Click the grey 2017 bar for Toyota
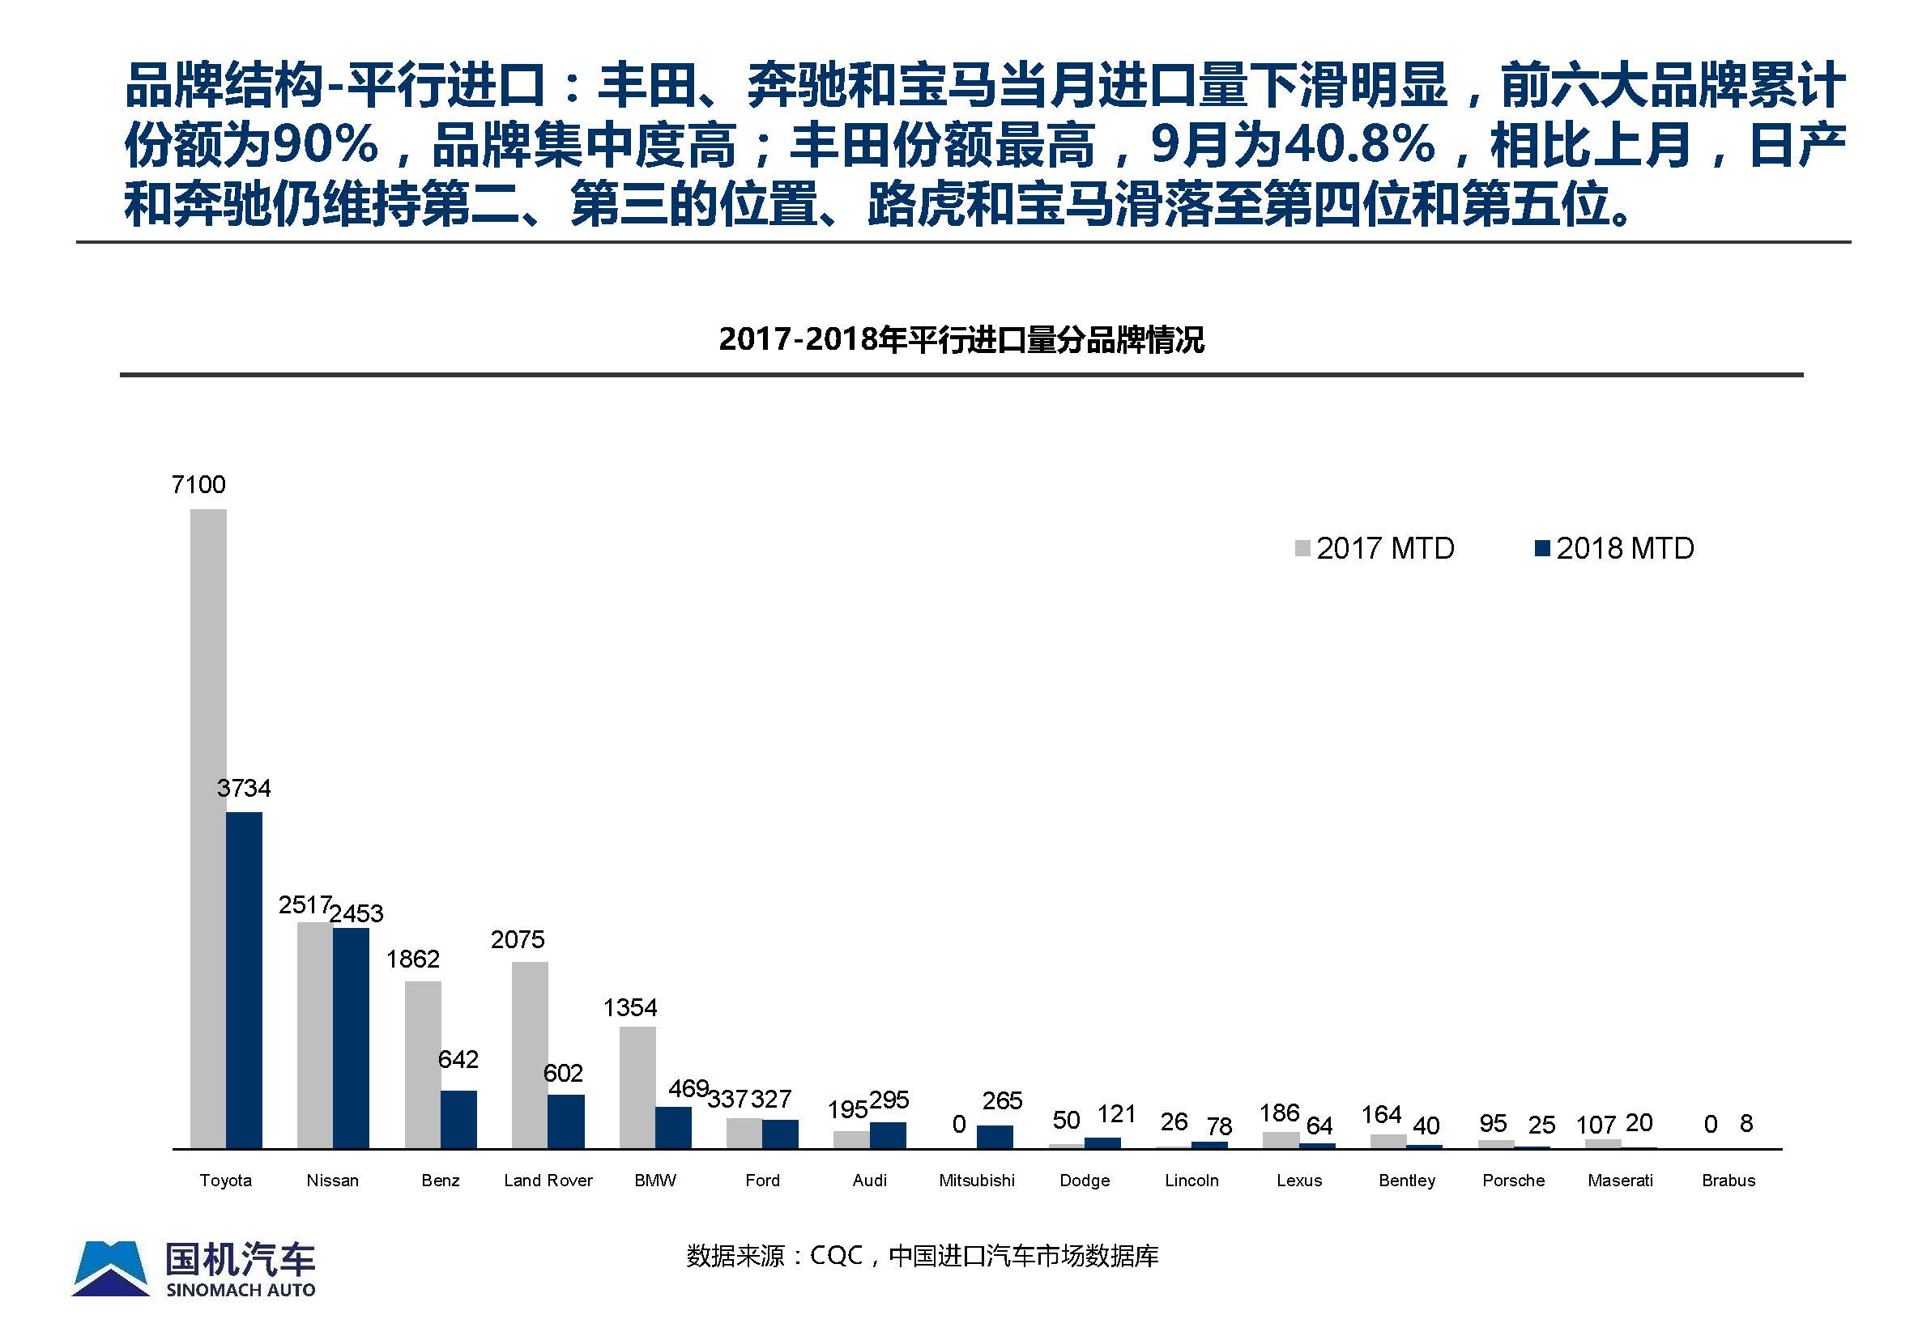[207, 828]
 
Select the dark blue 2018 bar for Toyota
[244, 980]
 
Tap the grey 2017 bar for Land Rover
[529, 1055]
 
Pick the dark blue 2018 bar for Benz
[459, 1119]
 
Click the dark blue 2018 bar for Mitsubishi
[995, 1137]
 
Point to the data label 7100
[198, 485]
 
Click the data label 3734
[244, 788]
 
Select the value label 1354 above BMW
[629, 1007]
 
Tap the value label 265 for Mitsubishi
[1002, 1100]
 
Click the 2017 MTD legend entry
[1375, 548]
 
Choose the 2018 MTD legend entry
[1614, 548]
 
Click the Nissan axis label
[332, 1181]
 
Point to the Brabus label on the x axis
[1729, 1181]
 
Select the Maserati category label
[1620, 1181]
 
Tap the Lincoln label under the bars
[1191, 1181]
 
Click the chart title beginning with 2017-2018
[961, 340]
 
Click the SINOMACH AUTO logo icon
[110, 1269]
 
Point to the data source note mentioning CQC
[922, 1256]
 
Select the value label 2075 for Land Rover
[518, 939]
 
